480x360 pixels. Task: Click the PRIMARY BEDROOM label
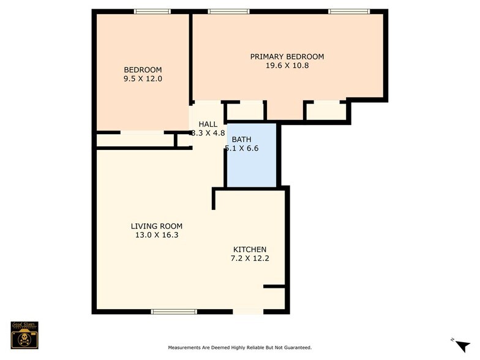pyautogui.click(x=287, y=57)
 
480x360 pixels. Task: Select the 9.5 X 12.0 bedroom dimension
pyautogui.click(x=143, y=78)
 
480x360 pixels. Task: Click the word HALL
pyautogui.click(x=208, y=124)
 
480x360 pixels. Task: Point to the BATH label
pyautogui.click(x=241, y=140)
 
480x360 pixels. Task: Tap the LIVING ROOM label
pyautogui.click(x=156, y=226)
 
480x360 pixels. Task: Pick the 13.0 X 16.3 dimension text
pyautogui.click(x=156, y=235)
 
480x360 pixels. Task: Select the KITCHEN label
pyautogui.click(x=249, y=249)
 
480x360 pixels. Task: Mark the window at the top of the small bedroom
pyautogui.click(x=152, y=11)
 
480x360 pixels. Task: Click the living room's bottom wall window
pyautogui.click(x=174, y=312)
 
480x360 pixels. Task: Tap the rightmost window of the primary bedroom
pyautogui.click(x=349, y=11)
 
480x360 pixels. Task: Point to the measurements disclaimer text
pyautogui.click(x=239, y=347)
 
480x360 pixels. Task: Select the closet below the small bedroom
pyautogui.click(x=135, y=140)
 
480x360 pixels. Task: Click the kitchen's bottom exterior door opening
pyautogui.click(x=249, y=312)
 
